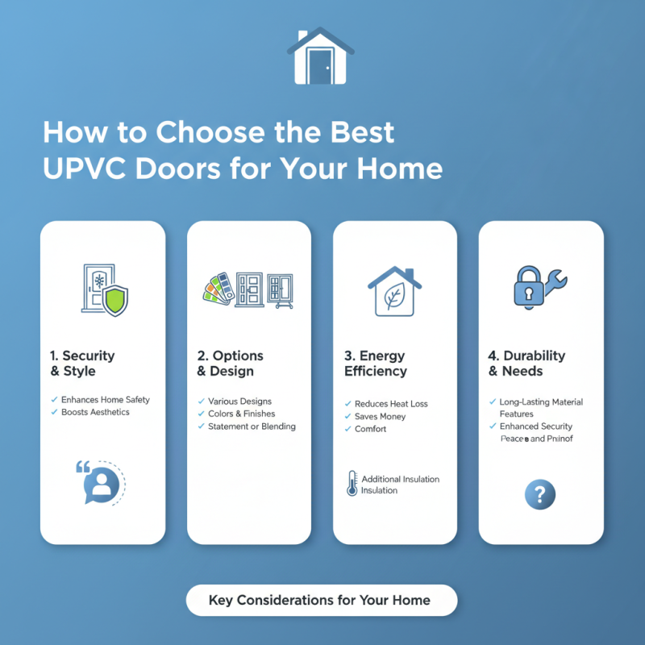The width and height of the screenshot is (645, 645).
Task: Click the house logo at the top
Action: coord(321,57)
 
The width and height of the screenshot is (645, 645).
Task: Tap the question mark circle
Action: coord(540,493)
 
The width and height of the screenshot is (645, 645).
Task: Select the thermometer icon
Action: coord(352,484)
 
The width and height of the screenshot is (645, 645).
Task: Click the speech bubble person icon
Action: coord(101,482)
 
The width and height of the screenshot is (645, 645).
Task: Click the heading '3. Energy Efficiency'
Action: coord(376,364)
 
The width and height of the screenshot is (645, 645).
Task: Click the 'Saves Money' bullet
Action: coord(381,416)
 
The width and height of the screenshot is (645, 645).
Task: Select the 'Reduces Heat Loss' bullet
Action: coord(391,403)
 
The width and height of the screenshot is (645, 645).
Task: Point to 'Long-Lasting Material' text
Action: coord(541,402)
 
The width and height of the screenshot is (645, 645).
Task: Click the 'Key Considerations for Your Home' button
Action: coord(321,600)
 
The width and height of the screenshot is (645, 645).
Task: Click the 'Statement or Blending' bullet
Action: coord(252,426)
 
